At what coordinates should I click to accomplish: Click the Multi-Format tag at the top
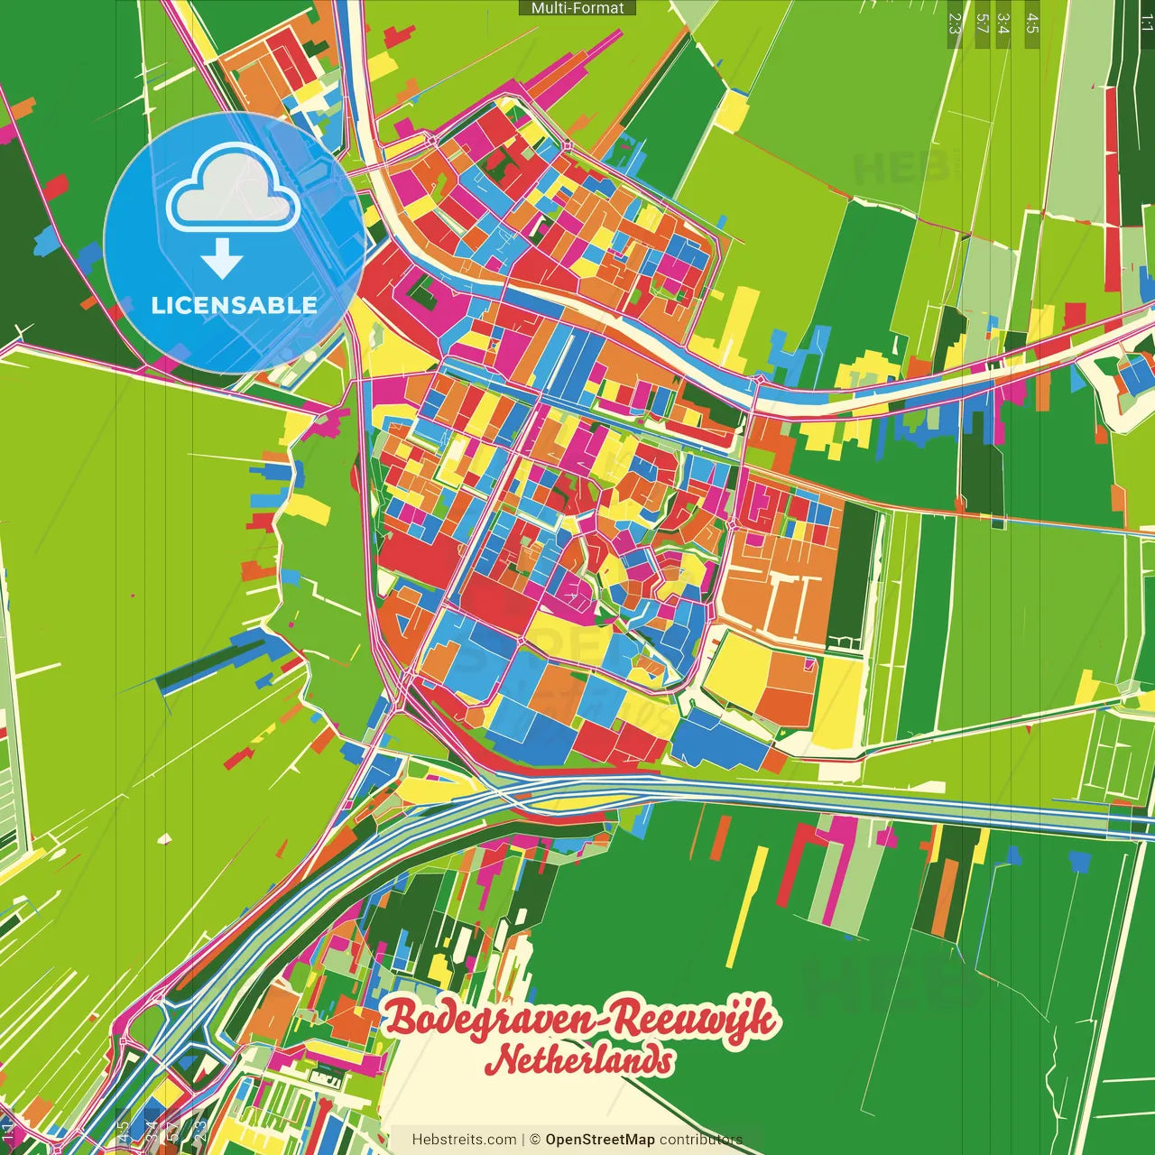[577, 8]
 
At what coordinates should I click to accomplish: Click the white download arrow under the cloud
[222, 259]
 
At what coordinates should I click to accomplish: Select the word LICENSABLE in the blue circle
[234, 305]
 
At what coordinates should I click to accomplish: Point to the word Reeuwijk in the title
[692, 1020]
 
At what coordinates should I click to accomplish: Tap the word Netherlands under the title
[579, 1060]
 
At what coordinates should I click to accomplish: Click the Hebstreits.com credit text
[464, 1140]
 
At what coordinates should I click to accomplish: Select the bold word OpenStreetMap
[599, 1140]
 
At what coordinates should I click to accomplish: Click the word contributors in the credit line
[700, 1140]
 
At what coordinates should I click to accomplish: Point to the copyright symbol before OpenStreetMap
[534, 1140]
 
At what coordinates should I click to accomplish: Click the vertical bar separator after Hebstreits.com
[523, 1140]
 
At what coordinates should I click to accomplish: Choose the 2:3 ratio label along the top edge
[955, 23]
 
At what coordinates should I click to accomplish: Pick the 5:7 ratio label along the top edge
[981, 23]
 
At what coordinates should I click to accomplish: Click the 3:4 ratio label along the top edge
[1003, 23]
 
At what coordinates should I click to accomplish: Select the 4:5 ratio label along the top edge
[1031, 23]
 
